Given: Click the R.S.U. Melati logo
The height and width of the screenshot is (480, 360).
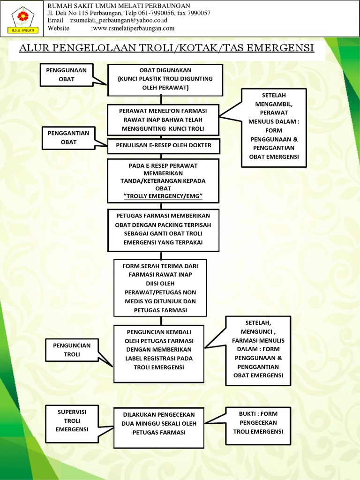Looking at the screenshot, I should [22, 19].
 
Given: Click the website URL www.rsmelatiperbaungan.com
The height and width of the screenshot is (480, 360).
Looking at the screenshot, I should [134, 28].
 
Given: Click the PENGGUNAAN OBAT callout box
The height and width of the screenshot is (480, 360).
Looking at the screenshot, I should [67, 75].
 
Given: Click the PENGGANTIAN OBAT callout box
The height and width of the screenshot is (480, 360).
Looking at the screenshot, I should [68, 137].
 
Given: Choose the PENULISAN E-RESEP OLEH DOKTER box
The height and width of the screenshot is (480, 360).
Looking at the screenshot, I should [164, 145].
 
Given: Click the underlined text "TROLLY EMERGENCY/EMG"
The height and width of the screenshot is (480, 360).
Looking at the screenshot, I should [163, 196].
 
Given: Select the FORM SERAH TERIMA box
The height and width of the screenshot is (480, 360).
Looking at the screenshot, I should [160, 288].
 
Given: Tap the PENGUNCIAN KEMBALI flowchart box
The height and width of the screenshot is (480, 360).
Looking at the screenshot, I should [159, 354].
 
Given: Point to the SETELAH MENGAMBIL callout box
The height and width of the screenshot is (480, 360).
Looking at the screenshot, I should [274, 127].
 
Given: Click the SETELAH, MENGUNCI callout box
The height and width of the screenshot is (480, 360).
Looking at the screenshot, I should [258, 350].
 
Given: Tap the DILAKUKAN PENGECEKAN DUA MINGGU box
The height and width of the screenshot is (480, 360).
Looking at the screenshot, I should [159, 427].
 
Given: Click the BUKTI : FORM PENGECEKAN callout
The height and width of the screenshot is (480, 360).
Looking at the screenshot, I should [258, 422].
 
